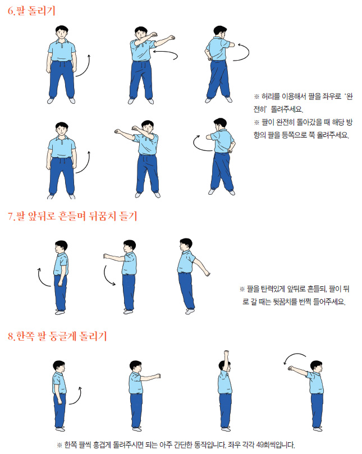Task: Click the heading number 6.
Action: [11, 11]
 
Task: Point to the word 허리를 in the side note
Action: [271, 96]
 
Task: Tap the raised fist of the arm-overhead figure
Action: [226, 353]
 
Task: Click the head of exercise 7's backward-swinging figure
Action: [185, 245]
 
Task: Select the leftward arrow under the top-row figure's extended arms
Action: [168, 52]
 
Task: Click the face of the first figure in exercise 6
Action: [62, 34]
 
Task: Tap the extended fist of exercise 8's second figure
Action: [158, 376]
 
